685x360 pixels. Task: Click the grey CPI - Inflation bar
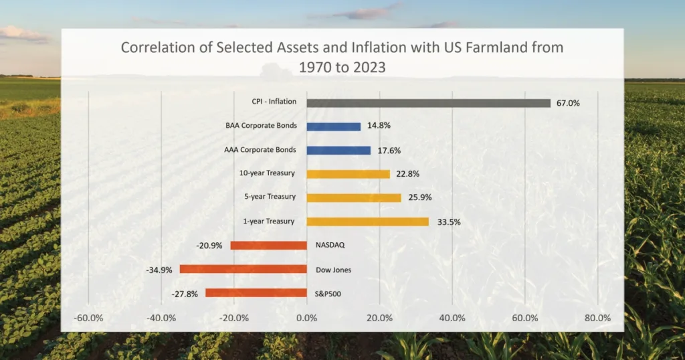click(428, 103)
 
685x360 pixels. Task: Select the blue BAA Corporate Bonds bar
click(333, 126)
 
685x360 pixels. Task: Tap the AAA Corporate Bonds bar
click(338, 151)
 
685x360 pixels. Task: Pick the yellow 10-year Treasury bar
click(348, 174)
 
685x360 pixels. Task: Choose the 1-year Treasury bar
click(367, 221)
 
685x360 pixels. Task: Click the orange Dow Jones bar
click(243, 269)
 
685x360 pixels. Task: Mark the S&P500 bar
click(256, 293)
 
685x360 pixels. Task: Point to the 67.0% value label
click(568, 104)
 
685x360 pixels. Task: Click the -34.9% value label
click(159, 270)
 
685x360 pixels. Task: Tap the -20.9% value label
click(209, 246)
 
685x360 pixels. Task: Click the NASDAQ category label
click(330, 246)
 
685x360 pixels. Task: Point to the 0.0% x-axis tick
click(307, 318)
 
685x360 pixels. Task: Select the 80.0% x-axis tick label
click(597, 318)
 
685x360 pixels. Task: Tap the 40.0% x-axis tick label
click(452, 318)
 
